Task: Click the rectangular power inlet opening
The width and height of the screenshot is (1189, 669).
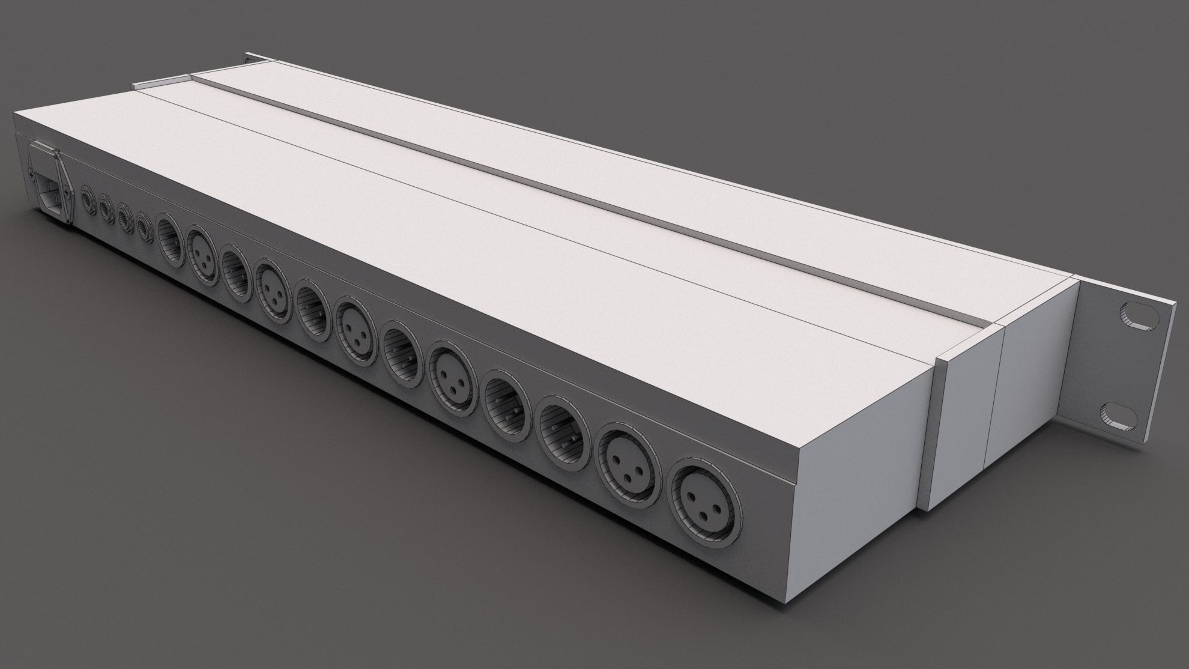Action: (53, 192)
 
